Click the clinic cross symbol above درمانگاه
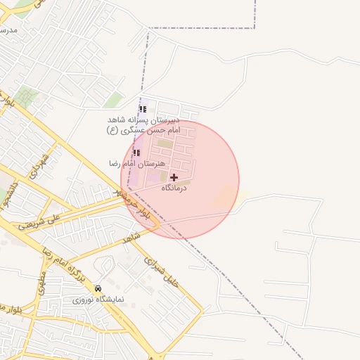[174, 177]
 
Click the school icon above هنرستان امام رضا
[136, 153]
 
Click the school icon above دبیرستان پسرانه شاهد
[143, 109]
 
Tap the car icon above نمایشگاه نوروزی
[98, 288]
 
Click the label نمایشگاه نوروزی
[98, 300]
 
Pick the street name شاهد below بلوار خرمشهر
[131, 239]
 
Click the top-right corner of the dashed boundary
[254, 28]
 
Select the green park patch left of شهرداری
[27, 96]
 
